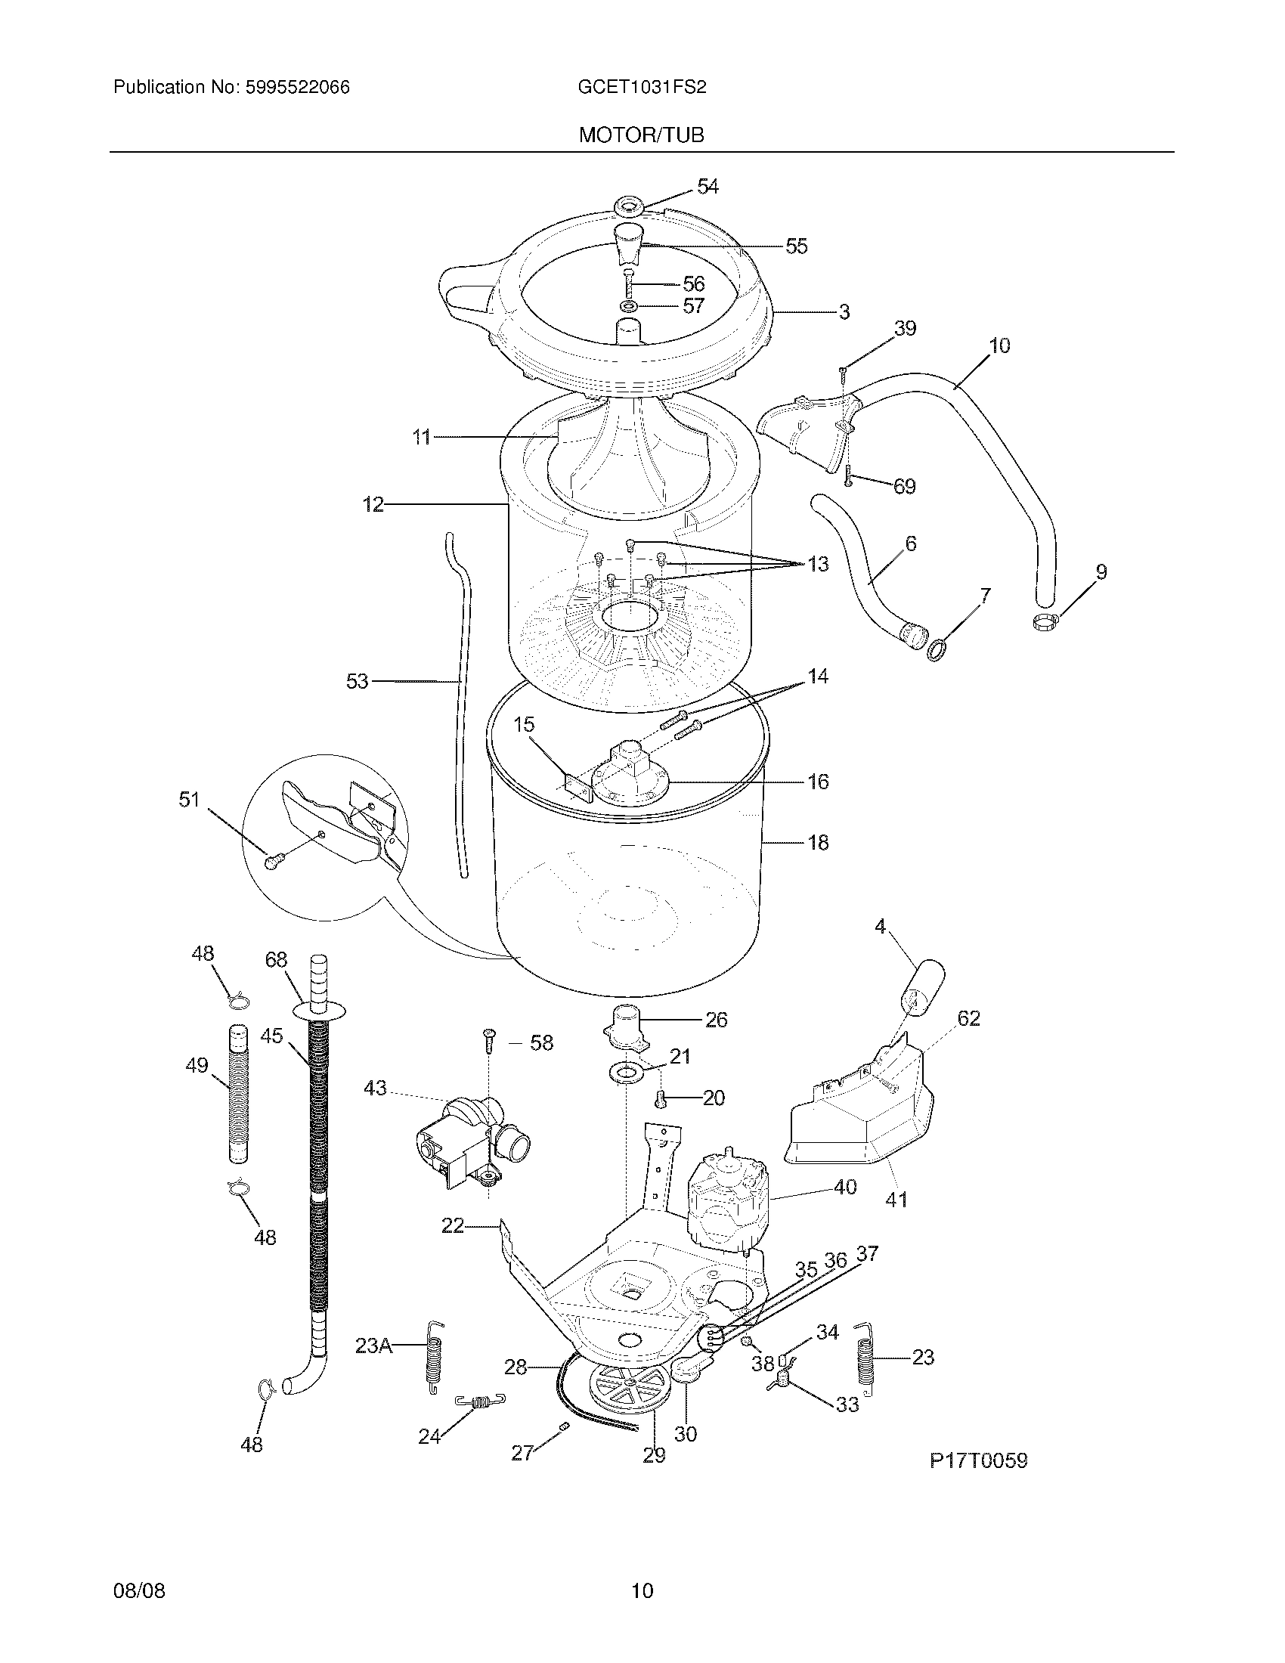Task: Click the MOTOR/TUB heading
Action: (641, 135)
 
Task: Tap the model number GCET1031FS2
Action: (642, 88)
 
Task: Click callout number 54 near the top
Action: (708, 187)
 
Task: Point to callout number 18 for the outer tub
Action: (818, 842)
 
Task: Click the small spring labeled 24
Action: (480, 1401)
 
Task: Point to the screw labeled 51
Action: (273, 861)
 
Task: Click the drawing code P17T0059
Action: (977, 1460)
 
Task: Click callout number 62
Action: (968, 1018)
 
